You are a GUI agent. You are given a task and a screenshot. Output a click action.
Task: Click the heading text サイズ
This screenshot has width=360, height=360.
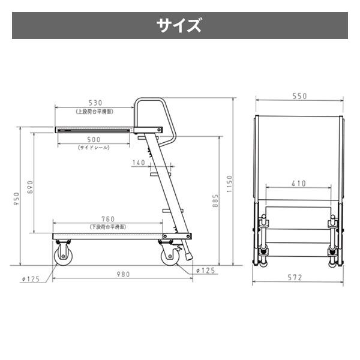pos(179,26)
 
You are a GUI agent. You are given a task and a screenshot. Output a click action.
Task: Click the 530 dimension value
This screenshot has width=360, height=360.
pos(95,103)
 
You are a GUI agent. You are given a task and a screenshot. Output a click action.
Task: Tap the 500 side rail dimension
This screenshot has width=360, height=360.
pos(94,140)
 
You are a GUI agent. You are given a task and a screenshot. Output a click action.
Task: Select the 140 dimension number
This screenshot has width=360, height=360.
pos(139,163)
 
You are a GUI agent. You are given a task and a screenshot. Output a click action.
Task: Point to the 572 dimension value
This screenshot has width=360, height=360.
pos(295,277)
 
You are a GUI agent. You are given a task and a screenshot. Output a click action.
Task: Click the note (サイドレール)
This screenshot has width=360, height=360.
pos(94,148)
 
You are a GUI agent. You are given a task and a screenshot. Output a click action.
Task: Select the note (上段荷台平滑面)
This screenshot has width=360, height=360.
pos(95,111)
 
